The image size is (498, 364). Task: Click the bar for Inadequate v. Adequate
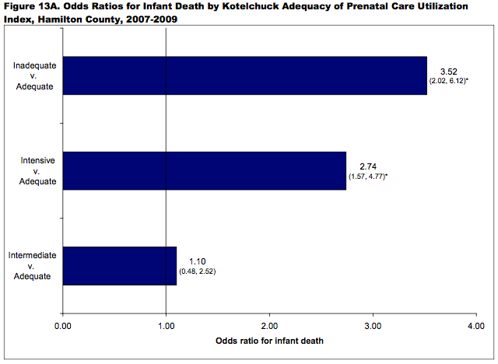coord(244,75)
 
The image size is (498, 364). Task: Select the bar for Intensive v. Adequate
coord(204,171)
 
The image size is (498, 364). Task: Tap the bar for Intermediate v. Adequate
coord(119,266)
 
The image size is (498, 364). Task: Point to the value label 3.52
coord(447,71)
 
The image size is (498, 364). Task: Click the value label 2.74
coord(368,166)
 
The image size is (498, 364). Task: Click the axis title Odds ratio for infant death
coord(269,341)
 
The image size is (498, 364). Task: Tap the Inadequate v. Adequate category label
coord(34,76)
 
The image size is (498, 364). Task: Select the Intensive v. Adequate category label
coord(36,171)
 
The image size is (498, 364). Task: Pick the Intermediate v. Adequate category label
coord(31,266)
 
